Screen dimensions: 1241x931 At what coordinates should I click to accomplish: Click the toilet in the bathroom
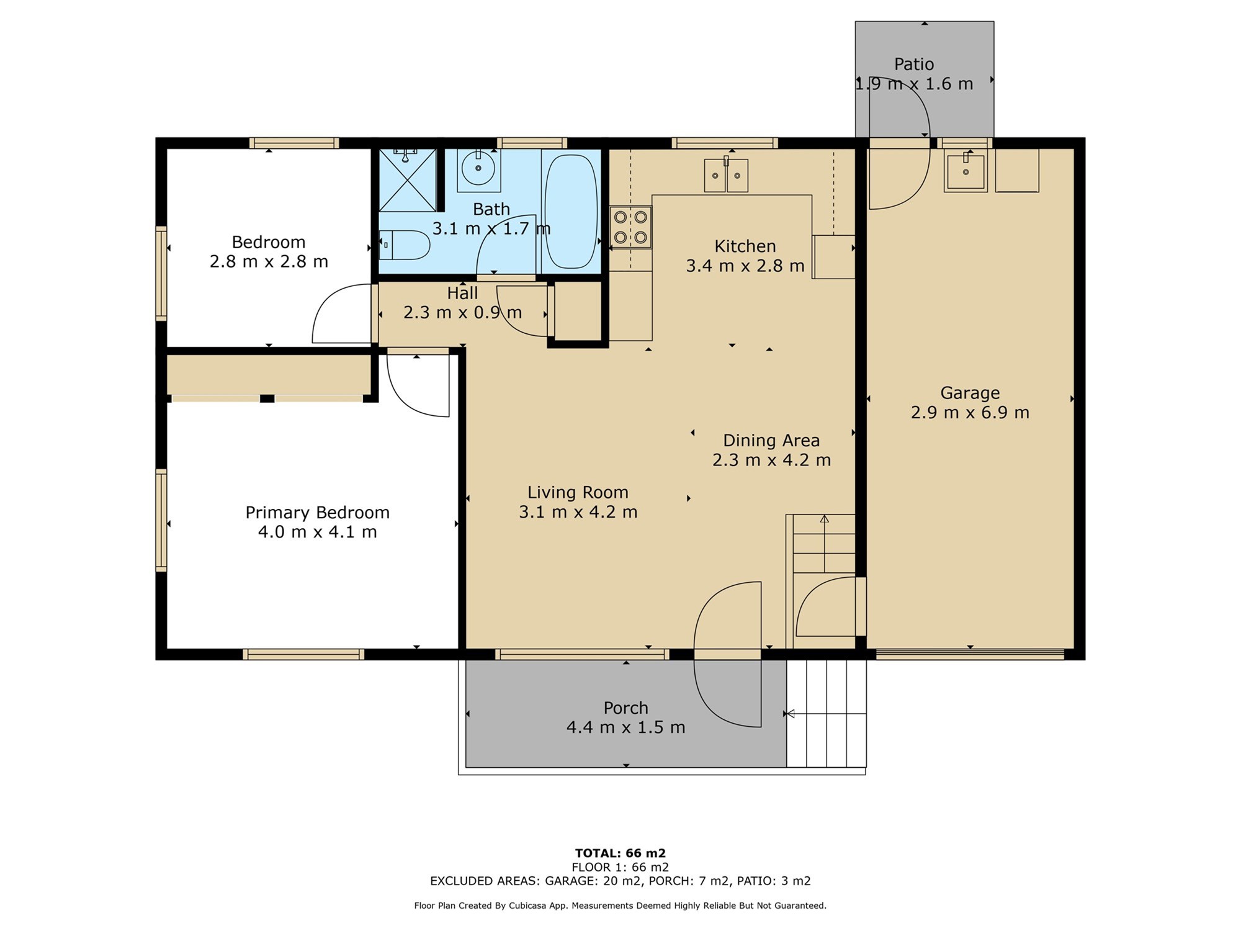(404, 245)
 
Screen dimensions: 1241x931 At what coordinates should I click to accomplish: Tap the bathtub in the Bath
(571, 211)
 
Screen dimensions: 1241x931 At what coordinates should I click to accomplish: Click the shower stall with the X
(407, 180)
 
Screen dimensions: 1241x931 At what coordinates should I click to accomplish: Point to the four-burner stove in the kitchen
(630, 227)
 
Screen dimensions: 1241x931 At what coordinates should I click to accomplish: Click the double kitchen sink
(726, 176)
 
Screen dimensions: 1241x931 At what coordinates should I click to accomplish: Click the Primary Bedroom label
(318, 513)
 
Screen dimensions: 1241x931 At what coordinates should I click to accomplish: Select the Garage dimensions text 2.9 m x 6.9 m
(970, 413)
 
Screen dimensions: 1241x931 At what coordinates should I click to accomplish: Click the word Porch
(626, 708)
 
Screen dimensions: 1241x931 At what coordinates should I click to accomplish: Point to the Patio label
(914, 64)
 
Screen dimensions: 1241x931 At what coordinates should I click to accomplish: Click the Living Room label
(578, 492)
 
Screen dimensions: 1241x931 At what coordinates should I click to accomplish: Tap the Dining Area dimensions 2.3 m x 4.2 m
(771, 460)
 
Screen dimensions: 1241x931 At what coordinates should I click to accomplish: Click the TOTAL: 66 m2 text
(620, 853)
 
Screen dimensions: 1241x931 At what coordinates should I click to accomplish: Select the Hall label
(463, 293)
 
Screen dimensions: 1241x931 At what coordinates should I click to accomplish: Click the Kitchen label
(745, 246)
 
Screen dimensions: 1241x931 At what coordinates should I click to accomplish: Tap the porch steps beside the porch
(827, 713)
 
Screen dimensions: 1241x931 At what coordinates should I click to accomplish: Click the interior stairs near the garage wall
(824, 544)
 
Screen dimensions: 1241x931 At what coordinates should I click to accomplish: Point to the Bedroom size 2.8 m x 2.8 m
(269, 262)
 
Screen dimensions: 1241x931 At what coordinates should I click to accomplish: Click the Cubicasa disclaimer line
(620, 906)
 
